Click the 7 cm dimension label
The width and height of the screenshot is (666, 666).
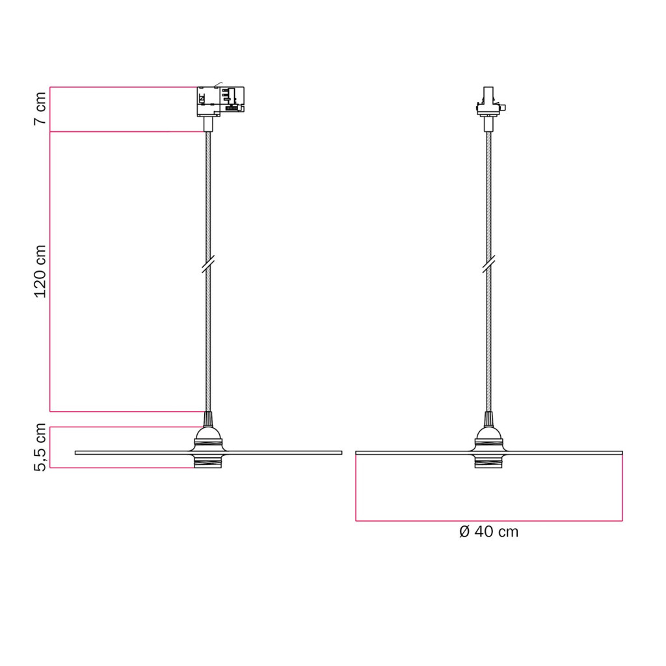pos(40,109)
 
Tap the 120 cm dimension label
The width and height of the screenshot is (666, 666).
pos(40,271)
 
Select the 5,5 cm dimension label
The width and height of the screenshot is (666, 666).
pos(40,447)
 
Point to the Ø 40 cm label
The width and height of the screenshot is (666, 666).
pos(488,531)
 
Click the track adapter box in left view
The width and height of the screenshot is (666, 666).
pos(220,101)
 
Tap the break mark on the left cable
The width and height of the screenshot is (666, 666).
pos(208,264)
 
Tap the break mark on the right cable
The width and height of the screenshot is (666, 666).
pos(489,264)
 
